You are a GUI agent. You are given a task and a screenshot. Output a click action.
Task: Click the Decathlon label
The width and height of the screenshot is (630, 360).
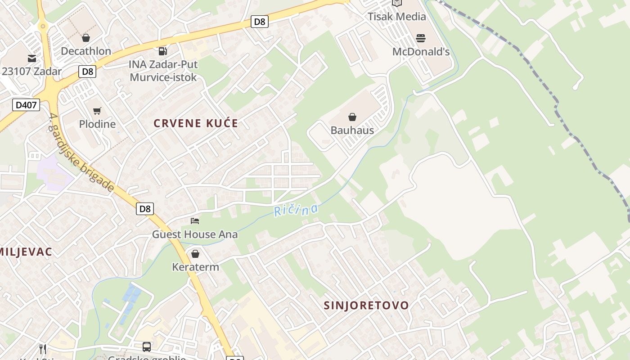tap(86, 51)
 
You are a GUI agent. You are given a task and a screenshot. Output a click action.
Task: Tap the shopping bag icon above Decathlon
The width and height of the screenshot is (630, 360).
tap(86, 38)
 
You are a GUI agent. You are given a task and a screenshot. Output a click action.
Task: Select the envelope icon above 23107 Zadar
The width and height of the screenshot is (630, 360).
tap(31, 58)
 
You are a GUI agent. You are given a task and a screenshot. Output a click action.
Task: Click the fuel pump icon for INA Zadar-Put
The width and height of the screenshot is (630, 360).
tap(163, 51)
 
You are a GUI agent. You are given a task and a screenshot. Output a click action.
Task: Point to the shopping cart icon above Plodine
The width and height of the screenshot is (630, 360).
tap(97, 111)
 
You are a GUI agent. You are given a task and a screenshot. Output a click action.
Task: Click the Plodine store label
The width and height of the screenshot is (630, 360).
tap(97, 124)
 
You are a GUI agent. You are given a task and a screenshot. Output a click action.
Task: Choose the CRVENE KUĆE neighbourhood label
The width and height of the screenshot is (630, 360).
tap(196, 123)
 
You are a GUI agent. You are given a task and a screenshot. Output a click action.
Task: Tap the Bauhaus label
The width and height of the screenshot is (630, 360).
tap(352, 130)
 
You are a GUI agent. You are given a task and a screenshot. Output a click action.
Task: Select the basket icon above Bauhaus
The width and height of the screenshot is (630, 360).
tap(352, 117)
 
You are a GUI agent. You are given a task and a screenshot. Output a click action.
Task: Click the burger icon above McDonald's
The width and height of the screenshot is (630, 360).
tap(421, 38)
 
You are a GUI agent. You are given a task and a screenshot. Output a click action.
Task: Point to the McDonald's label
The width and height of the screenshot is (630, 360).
tap(421, 52)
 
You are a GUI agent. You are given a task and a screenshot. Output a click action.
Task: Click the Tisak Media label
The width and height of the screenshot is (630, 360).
tap(396, 17)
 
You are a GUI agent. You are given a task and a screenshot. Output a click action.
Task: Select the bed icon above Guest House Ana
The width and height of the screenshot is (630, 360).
tap(195, 221)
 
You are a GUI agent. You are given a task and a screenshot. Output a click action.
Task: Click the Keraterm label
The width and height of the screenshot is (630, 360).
tap(195, 267)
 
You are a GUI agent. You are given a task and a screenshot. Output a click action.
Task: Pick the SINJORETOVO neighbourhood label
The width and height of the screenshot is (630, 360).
tap(366, 306)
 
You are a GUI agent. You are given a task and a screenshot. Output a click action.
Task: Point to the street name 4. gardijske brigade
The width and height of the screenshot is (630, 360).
tap(81, 153)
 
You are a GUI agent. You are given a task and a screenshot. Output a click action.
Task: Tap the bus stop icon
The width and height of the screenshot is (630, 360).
tap(147, 346)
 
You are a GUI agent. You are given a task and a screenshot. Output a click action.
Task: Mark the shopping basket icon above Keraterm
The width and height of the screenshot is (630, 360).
tap(195, 254)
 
